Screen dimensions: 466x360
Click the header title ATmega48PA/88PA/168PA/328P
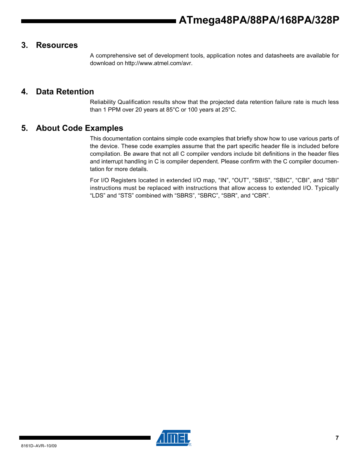[258, 21]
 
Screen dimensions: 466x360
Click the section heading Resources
[57, 45]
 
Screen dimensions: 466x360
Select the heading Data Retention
[65, 92]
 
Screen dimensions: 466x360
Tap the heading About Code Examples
[79, 128]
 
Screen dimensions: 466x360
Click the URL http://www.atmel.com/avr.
[158, 63]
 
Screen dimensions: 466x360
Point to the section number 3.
[25, 45]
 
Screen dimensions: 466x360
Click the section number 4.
[25, 92]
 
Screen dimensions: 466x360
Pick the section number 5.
[25, 128]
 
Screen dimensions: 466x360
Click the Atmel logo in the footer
[173, 438]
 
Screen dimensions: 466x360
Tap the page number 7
[337, 438]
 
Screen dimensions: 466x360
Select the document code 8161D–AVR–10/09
[39, 446]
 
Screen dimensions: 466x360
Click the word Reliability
[103, 102]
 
